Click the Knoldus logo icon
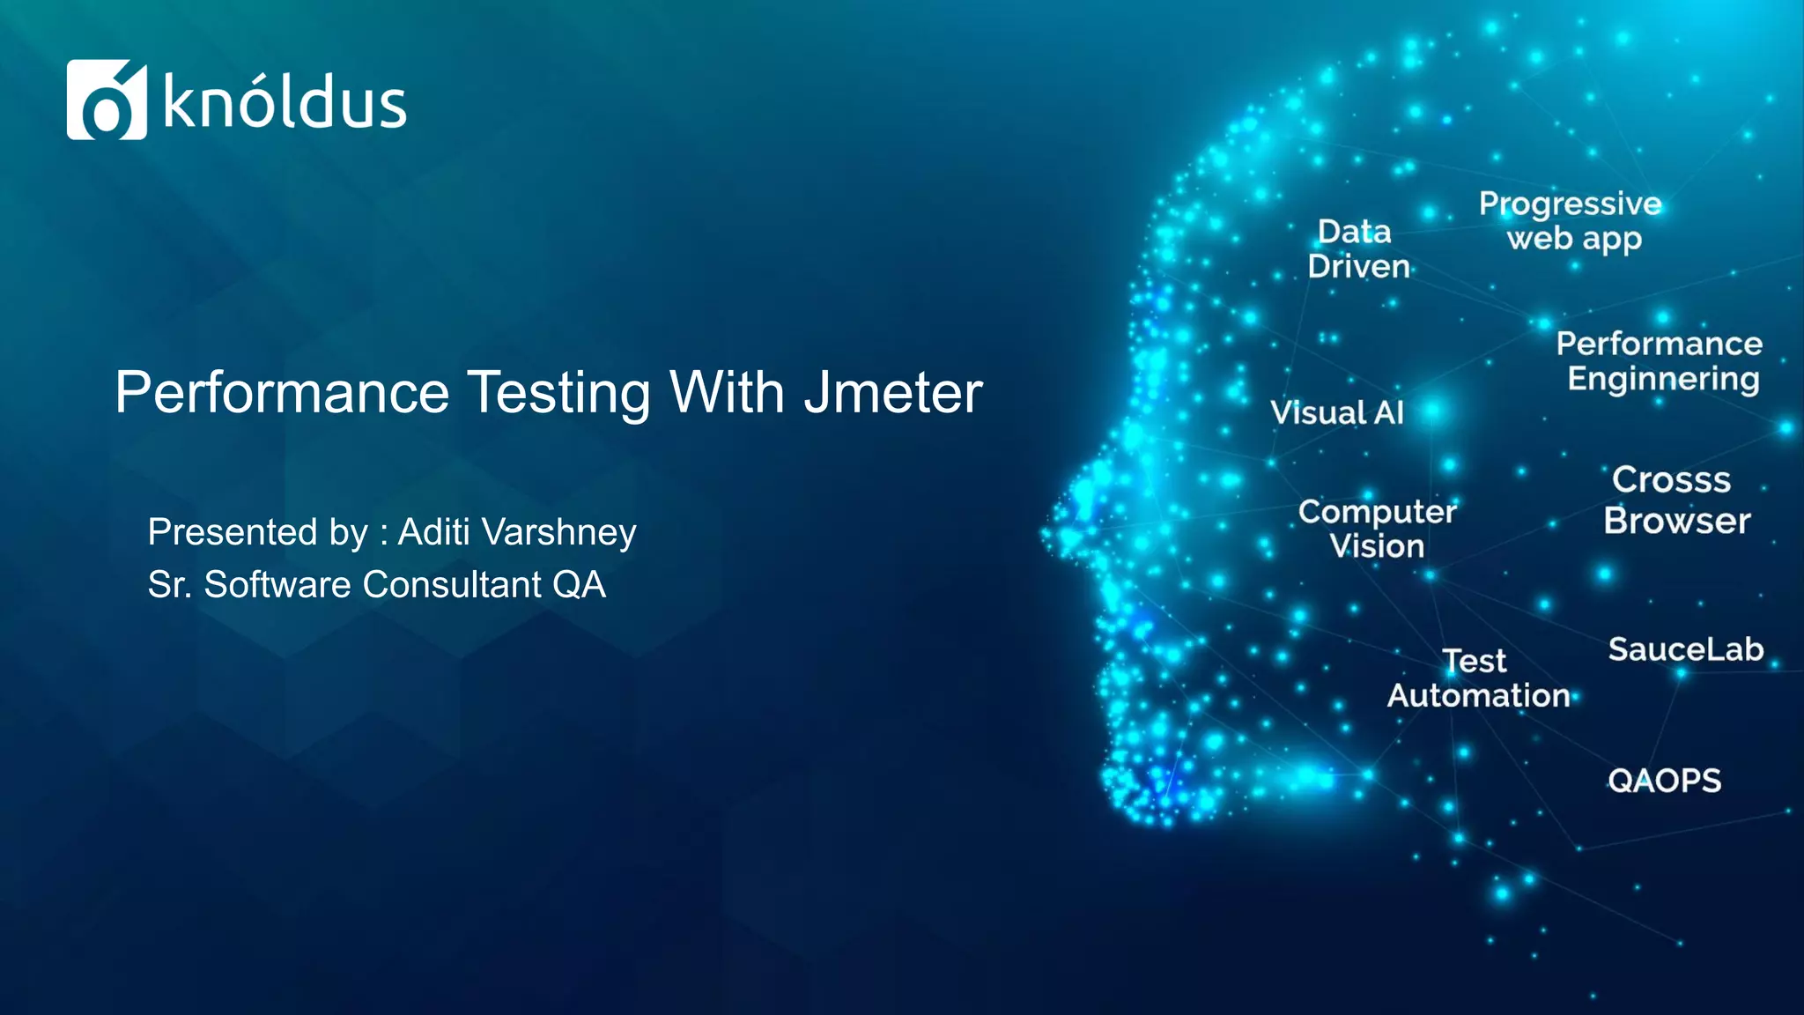[x=107, y=100]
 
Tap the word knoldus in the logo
[x=285, y=103]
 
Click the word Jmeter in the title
[x=893, y=392]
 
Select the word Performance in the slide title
[x=282, y=392]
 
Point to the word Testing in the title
[x=558, y=394]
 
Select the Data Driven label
[x=1357, y=248]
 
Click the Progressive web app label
[x=1571, y=220]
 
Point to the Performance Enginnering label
[x=1660, y=360]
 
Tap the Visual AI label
[x=1336, y=412]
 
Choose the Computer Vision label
[x=1377, y=529]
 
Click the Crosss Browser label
[x=1675, y=500]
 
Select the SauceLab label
[x=1685, y=649]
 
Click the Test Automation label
[x=1478, y=678]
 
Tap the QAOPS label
[x=1664, y=781]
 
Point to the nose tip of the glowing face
[x=1048, y=534]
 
